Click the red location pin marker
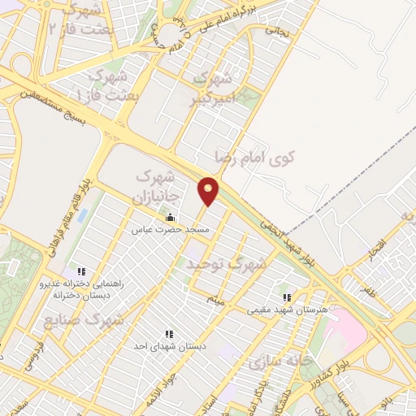click(x=210, y=190)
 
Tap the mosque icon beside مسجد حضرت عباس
click(x=170, y=218)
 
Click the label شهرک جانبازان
click(x=160, y=185)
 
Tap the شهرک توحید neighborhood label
click(x=226, y=264)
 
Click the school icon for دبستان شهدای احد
click(x=168, y=333)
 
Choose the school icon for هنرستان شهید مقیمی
click(x=287, y=297)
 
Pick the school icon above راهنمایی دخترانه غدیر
click(x=80, y=271)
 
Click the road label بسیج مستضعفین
click(x=49, y=101)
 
